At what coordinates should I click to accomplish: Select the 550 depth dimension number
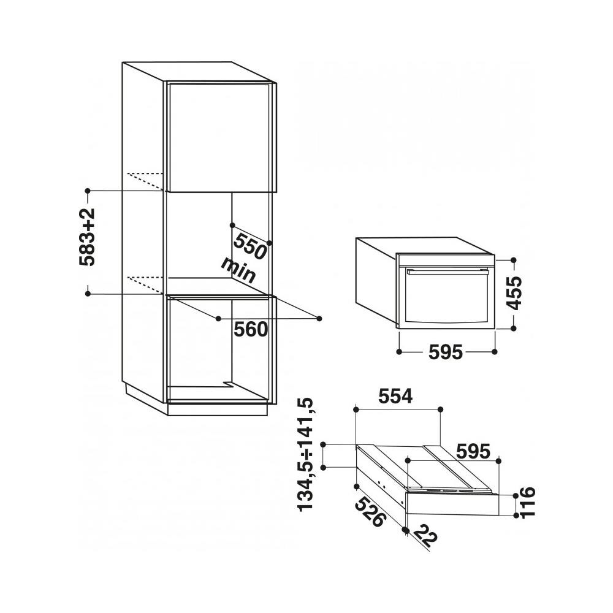[x=250, y=245]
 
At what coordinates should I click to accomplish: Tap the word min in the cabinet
[x=238, y=270]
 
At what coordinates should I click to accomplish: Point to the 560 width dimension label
[x=251, y=330]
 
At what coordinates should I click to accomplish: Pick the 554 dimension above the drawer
[x=395, y=397]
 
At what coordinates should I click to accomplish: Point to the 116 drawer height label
[x=528, y=503]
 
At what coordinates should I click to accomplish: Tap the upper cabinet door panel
[x=218, y=136]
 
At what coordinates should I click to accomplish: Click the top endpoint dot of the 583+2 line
[x=88, y=191]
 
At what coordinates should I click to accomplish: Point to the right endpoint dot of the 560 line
[x=320, y=318]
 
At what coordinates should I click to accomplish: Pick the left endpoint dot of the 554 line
[x=356, y=408]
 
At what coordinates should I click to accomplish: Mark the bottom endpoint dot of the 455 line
[x=514, y=329]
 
